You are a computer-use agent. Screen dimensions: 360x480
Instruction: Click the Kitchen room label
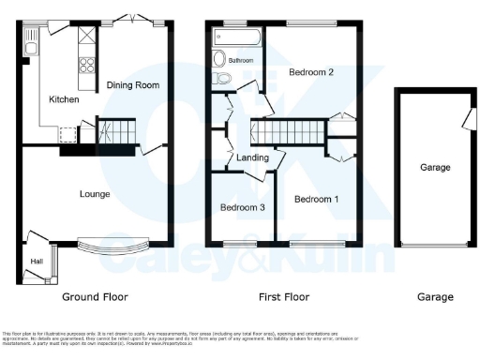click(64, 99)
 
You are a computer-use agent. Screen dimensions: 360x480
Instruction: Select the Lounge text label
click(95, 195)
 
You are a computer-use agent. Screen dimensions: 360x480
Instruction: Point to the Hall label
click(37, 262)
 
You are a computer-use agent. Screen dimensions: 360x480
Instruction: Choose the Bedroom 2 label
click(311, 72)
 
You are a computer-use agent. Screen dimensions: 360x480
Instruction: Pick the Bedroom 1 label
click(317, 199)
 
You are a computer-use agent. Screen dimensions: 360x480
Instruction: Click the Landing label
click(253, 157)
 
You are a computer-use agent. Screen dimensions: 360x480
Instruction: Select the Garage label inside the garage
click(435, 168)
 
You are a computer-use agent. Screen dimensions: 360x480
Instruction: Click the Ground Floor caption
click(95, 297)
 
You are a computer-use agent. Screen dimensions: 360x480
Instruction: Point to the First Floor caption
click(284, 297)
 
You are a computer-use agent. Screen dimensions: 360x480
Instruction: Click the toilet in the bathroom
click(220, 77)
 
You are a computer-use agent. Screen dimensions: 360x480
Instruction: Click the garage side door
click(465, 120)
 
